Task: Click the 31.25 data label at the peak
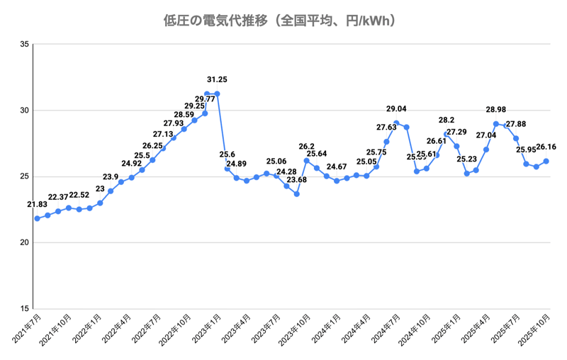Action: coord(217,79)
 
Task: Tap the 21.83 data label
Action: coord(38,205)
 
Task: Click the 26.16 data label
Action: coord(546,147)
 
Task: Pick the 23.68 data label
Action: coord(296,180)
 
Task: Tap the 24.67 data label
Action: coord(337,167)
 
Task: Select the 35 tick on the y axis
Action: coord(25,45)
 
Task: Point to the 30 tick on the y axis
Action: coord(25,111)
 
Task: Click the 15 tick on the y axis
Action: coord(25,309)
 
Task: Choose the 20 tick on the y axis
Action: coord(25,243)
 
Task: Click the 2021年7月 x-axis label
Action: coord(27,331)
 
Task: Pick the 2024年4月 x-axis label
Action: coord(357,331)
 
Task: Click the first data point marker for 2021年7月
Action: coord(37,218)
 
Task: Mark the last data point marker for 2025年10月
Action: coord(546,161)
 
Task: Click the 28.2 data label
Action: coord(447,120)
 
